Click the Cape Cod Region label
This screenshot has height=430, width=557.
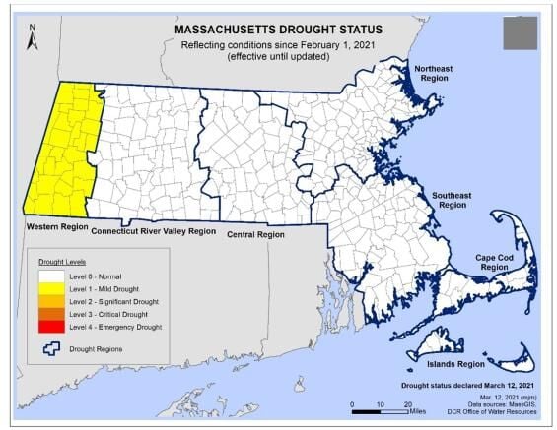coord(492,263)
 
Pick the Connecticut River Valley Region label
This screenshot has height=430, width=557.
coord(153,231)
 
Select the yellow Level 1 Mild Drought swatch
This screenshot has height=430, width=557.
coord(52,289)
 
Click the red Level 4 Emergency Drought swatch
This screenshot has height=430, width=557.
coord(52,326)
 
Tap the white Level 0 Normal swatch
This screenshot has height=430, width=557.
coord(52,277)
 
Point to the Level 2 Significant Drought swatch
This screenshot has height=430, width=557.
coord(52,301)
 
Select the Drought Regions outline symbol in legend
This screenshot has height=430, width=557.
coord(52,348)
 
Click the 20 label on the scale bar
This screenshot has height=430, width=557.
coord(408,405)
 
